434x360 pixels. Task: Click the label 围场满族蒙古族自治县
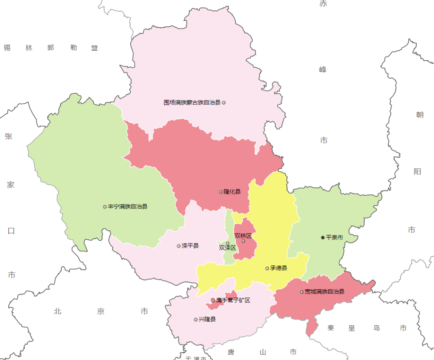click(x=192, y=103)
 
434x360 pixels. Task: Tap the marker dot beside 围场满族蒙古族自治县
click(x=224, y=103)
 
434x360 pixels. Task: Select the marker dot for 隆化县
click(x=220, y=192)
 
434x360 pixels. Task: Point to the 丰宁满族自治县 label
click(x=128, y=207)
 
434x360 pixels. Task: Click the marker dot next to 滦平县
click(x=178, y=246)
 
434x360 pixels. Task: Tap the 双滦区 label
click(x=227, y=248)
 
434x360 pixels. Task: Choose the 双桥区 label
click(x=243, y=236)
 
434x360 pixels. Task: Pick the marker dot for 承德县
click(x=267, y=268)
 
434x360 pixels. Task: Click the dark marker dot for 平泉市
click(x=322, y=238)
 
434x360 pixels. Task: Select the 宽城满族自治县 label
click(x=324, y=292)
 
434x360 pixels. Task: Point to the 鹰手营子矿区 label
click(x=233, y=300)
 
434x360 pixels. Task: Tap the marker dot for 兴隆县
click(x=195, y=320)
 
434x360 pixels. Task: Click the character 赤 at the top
click(x=323, y=4)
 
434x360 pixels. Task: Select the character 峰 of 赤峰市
click(x=323, y=69)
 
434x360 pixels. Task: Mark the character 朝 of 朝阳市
click(x=419, y=115)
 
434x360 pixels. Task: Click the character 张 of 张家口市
click(x=9, y=136)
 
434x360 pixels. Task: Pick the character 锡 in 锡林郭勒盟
click(x=7, y=48)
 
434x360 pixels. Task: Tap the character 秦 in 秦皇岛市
click(x=331, y=328)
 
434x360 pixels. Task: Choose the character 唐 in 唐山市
click(x=231, y=352)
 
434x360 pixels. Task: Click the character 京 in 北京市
click(x=101, y=311)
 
